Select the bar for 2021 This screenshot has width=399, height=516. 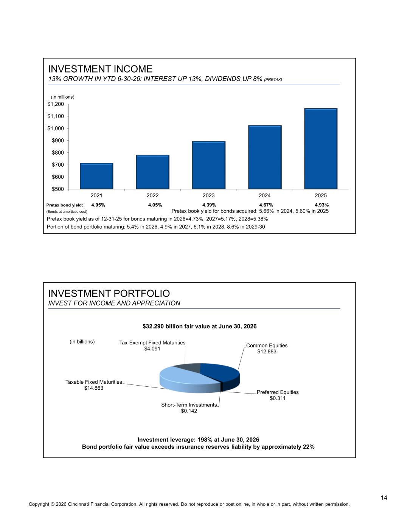pos(96,176)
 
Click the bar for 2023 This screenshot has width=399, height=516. pos(209,165)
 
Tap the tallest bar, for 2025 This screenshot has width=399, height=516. pos(321,149)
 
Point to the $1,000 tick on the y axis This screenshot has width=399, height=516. pos(68,129)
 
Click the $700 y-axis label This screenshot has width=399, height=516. pos(58,165)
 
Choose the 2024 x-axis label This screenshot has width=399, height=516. pos(265,195)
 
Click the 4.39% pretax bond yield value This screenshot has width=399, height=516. pos(209,205)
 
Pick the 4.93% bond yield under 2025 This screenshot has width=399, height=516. pos(322,205)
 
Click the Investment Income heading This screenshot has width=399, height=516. pos(100,69)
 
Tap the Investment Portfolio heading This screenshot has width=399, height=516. pos(109,293)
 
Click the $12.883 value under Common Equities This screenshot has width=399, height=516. pos(267,352)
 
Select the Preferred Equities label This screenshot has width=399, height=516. pos(278,392)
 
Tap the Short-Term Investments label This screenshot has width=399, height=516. pos(189,405)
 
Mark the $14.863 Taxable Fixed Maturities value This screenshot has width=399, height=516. pos(94,388)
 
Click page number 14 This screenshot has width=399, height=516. pos(384,498)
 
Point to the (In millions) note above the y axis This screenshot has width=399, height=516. pos(63,97)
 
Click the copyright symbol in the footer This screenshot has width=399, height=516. pos(53,504)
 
